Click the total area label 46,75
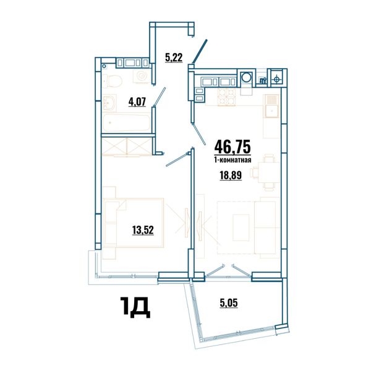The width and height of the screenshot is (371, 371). [x=232, y=147]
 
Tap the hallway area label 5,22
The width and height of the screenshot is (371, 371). [x=174, y=58]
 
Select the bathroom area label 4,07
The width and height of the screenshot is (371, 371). [x=137, y=102]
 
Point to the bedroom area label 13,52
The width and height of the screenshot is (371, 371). [x=143, y=230]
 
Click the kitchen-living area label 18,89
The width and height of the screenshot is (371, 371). [x=231, y=176]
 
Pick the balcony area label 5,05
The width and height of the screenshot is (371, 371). [x=229, y=303]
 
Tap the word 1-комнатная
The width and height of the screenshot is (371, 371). [x=232, y=160]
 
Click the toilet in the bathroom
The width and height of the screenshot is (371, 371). [x=113, y=80]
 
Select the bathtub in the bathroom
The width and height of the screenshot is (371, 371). [x=127, y=122]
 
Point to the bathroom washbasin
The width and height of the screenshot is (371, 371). [x=109, y=103]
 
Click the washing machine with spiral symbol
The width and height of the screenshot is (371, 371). [x=142, y=76]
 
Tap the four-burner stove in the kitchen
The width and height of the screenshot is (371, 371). [x=227, y=97]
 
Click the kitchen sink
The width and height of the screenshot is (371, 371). [x=271, y=106]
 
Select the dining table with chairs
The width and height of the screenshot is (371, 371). [x=267, y=173]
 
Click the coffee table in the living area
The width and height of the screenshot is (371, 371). [x=241, y=228]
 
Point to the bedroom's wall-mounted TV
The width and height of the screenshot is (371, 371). [x=186, y=222]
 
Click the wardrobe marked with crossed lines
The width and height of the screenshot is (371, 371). [x=127, y=147]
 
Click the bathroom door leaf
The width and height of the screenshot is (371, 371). [x=160, y=96]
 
